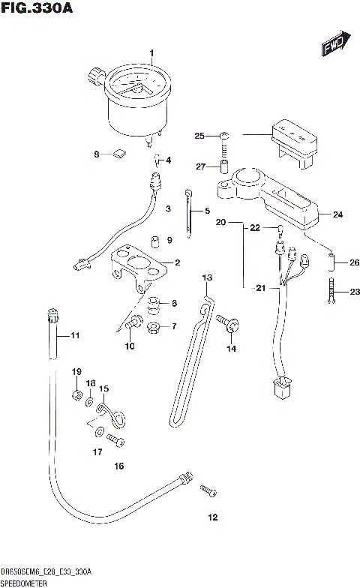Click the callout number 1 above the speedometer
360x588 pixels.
tap(151, 52)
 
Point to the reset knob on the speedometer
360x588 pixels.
tap(96, 76)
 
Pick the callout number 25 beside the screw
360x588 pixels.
tap(199, 136)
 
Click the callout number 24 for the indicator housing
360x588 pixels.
tap(337, 214)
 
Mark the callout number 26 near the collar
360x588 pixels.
tap(355, 262)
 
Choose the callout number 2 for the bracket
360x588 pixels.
tap(177, 262)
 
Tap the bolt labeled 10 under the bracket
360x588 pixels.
tap(133, 323)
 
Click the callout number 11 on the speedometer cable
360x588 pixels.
tap(74, 335)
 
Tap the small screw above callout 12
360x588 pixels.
tap(207, 490)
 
